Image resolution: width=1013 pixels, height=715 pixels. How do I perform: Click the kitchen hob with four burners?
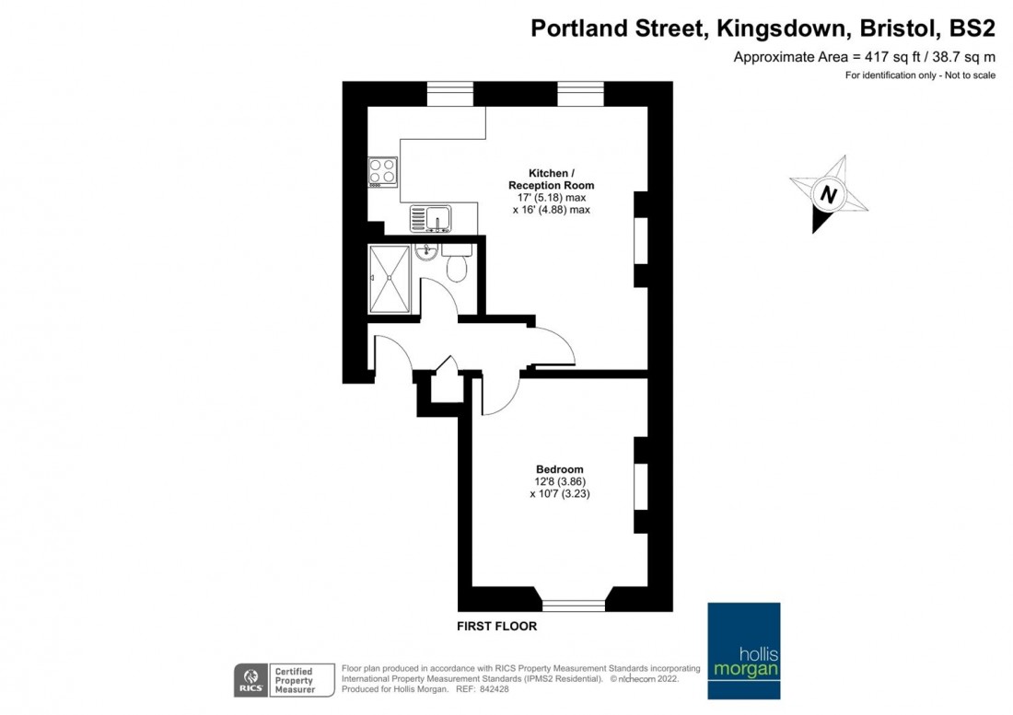click(382, 171)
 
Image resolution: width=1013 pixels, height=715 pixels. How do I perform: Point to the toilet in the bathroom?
click(456, 267)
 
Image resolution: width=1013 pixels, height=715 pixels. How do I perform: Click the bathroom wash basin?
click(426, 253)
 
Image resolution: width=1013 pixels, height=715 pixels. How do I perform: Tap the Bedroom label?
click(560, 469)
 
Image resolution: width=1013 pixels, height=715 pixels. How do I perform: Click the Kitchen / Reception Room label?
click(551, 179)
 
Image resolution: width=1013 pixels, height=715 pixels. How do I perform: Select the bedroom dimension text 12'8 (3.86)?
click(560, 481)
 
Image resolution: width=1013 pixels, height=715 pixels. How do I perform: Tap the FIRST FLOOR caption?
click(497, 627)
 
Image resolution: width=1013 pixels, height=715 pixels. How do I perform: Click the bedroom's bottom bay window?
click(574, 605)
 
